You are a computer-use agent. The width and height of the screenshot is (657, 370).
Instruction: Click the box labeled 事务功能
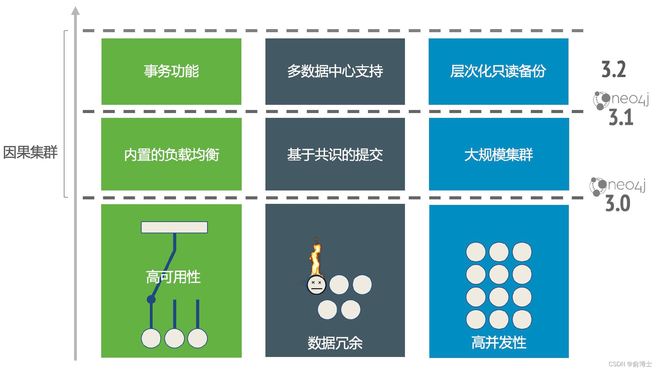coord(171,71)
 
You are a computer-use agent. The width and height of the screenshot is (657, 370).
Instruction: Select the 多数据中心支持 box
coord(335,71)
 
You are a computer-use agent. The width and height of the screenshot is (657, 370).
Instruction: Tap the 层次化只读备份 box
coord(499,71)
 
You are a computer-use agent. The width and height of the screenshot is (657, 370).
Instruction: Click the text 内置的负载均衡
coord(171,155)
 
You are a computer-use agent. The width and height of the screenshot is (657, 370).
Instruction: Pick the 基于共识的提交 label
coord(335,155)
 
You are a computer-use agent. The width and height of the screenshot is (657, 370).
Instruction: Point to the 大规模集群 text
coord(499,155)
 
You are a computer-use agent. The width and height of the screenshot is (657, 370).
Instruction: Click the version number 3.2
coord(614,70)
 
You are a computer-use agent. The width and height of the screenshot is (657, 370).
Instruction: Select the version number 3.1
coord(621,118)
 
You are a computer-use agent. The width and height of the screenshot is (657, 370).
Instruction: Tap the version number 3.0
coord(618,203)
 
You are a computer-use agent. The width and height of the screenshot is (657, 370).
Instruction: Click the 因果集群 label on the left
coord(31,152)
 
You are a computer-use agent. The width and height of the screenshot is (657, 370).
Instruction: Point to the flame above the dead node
coord(315,257)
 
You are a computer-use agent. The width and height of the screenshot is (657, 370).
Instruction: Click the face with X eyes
coord(316,285)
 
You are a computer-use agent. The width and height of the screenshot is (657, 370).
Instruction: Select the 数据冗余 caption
coord(335,343)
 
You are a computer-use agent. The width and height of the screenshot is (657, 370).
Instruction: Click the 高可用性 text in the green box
coord(173,277)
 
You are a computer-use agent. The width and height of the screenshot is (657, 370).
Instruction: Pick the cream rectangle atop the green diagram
coord(174,227)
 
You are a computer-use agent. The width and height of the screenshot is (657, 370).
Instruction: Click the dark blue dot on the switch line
coord(151,299)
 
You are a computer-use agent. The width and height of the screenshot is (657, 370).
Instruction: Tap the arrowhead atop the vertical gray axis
coord(75,10)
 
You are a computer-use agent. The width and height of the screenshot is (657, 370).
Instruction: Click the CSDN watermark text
coord(630,364)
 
